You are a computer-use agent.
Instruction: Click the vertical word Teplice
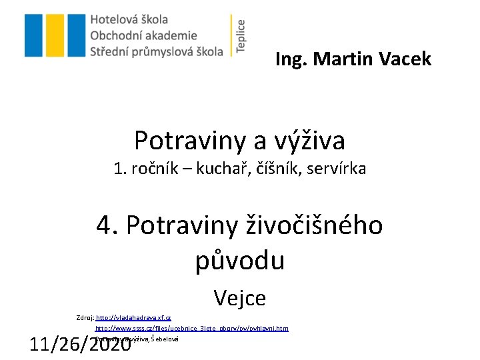[x=241, y=35]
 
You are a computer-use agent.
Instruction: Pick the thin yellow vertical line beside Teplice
[x=231, y=35]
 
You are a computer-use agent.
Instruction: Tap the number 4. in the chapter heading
[x=108, y=225]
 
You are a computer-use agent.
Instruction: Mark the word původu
[x=240, y=260]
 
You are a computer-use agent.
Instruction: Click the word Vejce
[x=240, y=298]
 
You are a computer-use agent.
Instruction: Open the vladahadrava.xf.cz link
[x=134, y=319]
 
